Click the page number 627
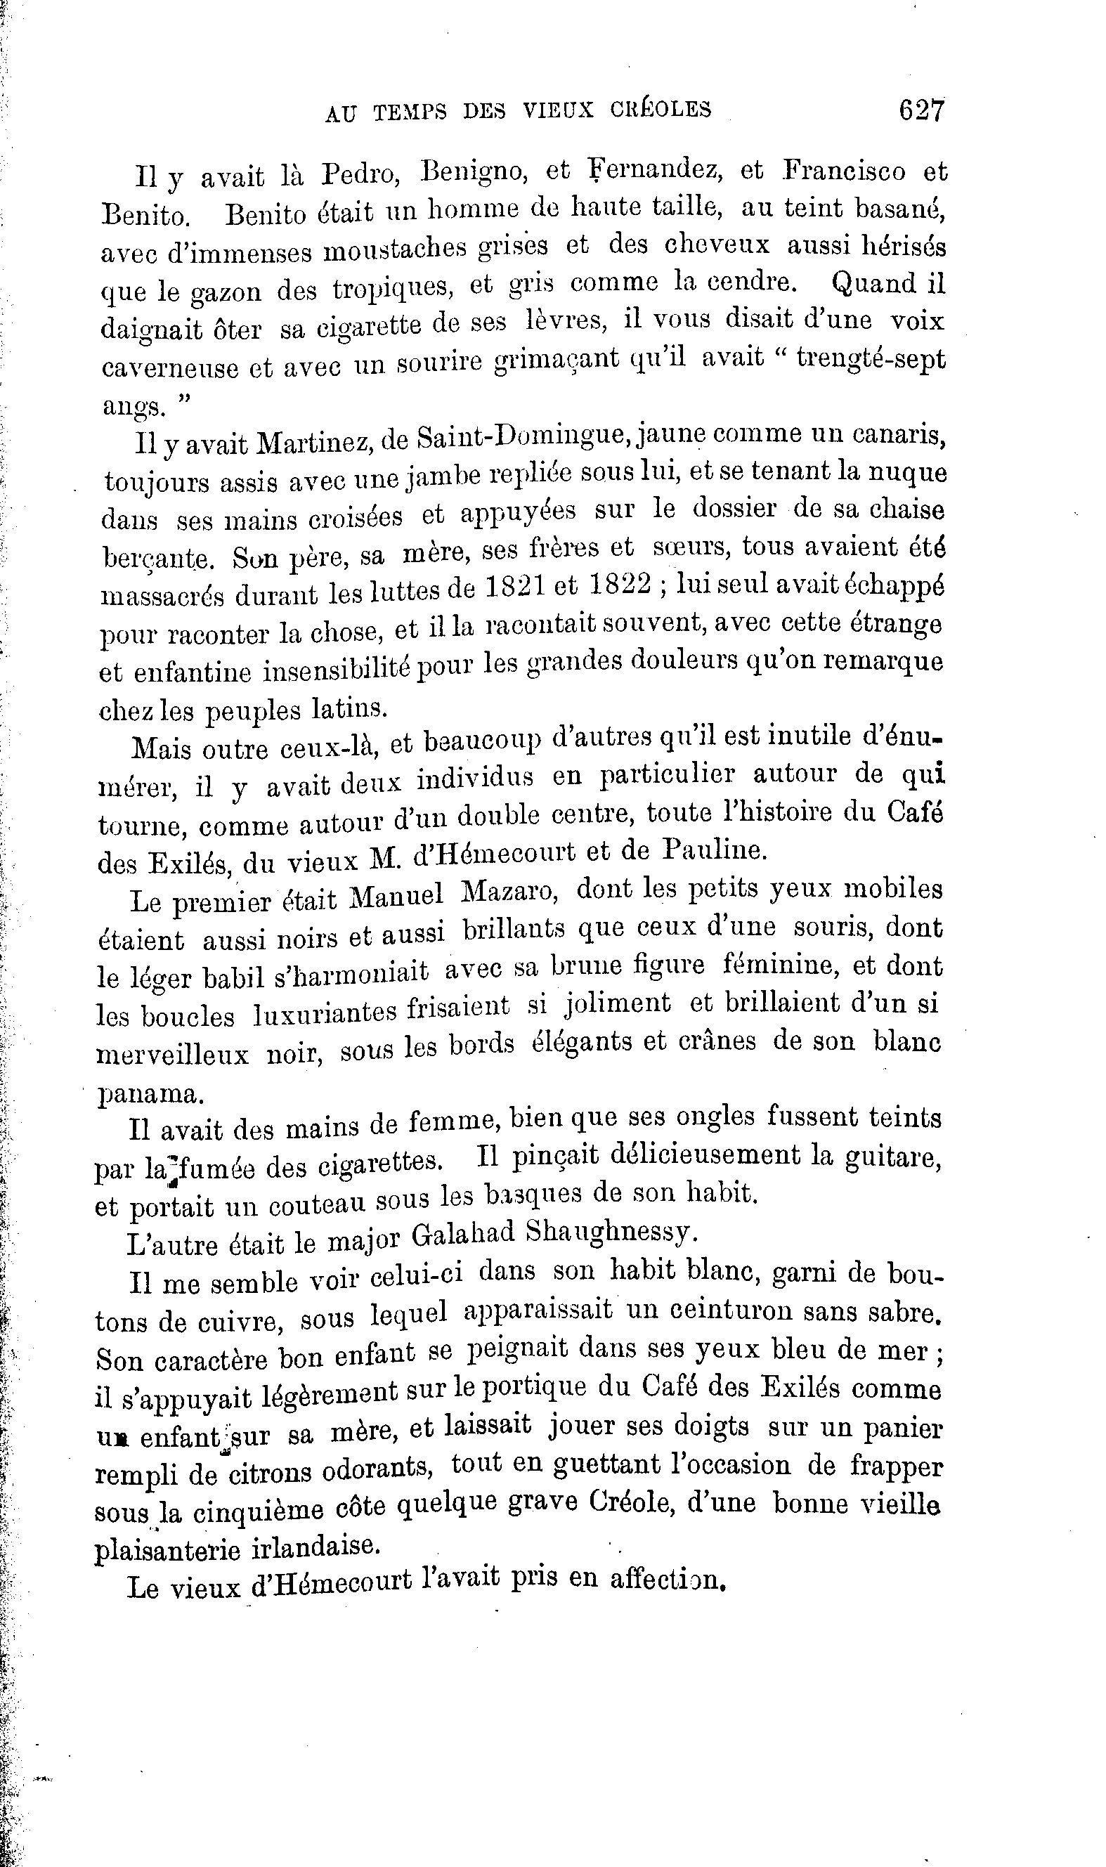coord(921,110)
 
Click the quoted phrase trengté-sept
coord(871,358)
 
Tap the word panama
coord(149,1094)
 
